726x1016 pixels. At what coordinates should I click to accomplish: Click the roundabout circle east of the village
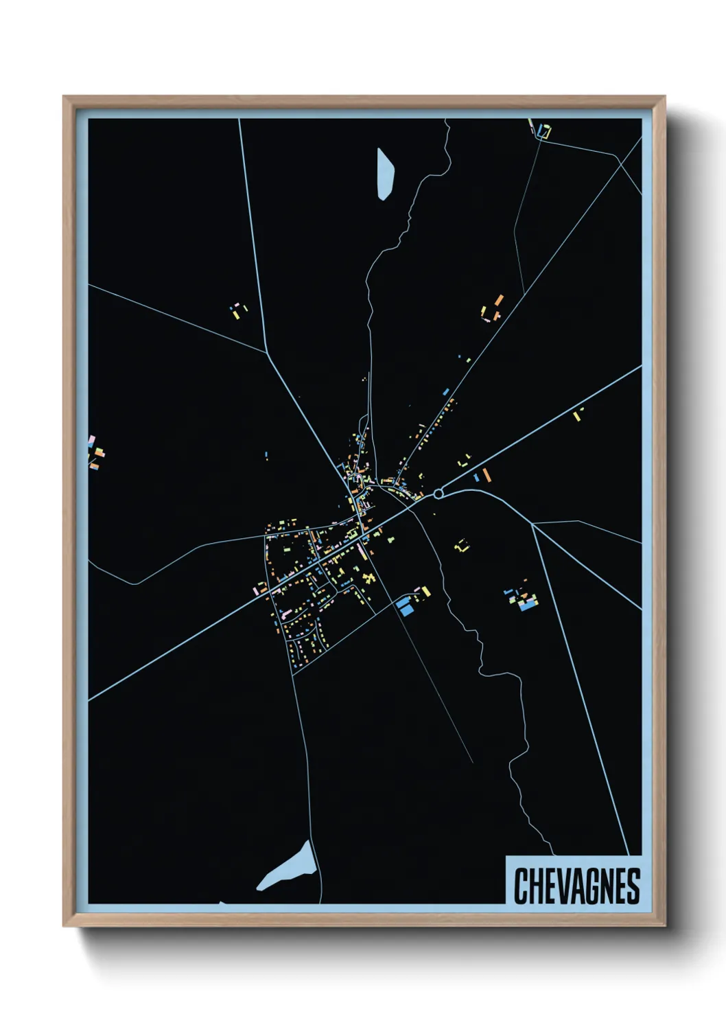point(438,494)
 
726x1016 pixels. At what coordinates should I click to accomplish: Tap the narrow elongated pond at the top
point(385,173)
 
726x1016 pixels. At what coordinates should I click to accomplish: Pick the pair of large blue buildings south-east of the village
point(404,605)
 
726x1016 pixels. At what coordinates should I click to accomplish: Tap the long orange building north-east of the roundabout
point(487,475)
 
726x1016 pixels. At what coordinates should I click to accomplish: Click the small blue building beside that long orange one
point(476,477)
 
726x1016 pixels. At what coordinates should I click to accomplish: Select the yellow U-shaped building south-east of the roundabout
point(462,546)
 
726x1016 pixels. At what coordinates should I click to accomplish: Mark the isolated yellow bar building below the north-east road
point(577,415)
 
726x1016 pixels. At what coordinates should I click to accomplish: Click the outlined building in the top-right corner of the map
point(545,130)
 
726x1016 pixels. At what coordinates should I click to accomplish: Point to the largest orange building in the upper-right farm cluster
point(500,300)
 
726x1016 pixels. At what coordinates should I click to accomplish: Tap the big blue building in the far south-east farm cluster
point(527,606)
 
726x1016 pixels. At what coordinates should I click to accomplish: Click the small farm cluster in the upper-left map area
point(239,311)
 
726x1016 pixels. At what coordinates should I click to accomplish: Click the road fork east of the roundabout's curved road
point(532,524)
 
